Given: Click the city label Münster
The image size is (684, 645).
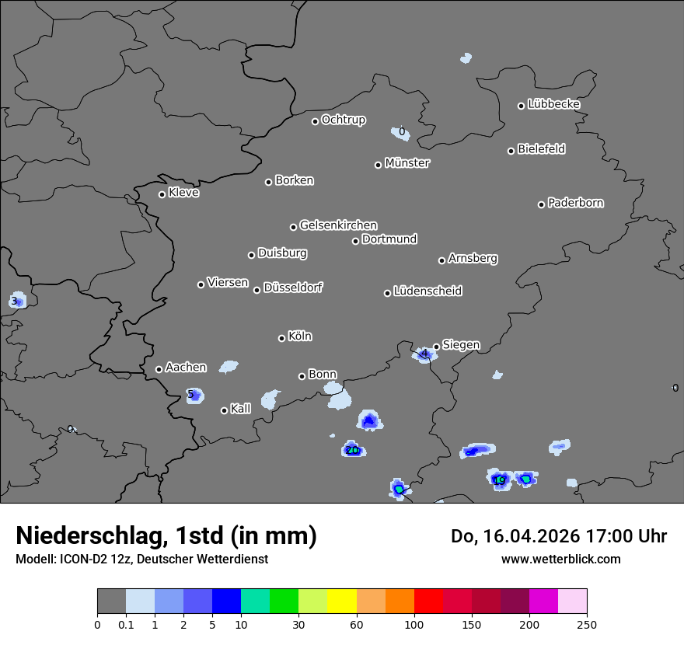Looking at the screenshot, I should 407,163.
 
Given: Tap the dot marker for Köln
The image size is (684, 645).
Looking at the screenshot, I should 281,338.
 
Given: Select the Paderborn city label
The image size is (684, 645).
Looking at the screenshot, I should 575,203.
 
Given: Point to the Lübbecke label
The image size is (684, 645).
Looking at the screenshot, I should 553,104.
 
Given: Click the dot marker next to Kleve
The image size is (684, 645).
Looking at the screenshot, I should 162,194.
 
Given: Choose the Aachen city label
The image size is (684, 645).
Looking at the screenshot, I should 186,368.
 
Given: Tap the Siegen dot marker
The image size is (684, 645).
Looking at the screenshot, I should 436,347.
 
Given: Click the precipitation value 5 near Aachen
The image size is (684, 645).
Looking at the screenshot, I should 190,395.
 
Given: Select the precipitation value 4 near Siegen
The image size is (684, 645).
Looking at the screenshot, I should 424,354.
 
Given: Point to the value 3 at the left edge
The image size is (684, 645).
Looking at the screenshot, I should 14,301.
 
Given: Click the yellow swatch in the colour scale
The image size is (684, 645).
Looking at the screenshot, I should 342,601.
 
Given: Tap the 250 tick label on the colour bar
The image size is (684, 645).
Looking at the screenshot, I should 587,624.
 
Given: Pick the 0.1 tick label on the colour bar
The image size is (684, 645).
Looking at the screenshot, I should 126,624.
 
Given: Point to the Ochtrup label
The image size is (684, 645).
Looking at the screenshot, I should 343,120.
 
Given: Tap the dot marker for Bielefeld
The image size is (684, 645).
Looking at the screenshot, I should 511,151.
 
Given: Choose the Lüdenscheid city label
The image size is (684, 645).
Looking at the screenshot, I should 427,291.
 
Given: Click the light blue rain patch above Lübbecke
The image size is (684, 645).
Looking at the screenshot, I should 466,58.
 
